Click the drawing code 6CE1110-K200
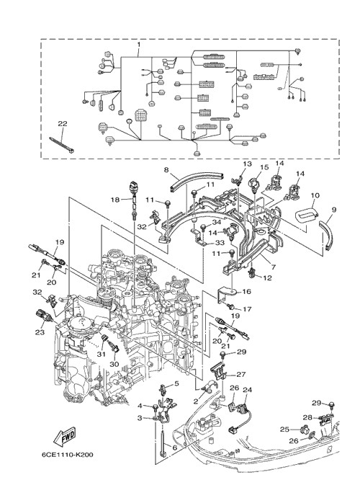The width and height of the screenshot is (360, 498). click(68, 455)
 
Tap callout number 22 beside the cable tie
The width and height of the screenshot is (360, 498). click(63, 124)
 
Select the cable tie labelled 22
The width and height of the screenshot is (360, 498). click(62, 145)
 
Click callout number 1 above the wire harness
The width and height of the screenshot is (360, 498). click(139, 45)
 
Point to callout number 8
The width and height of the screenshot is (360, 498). click(166, 169)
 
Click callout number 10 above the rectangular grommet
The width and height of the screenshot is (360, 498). click(315, 195)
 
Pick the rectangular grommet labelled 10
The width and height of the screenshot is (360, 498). click(307, 216)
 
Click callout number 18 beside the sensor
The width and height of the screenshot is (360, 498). click(115, 200)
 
